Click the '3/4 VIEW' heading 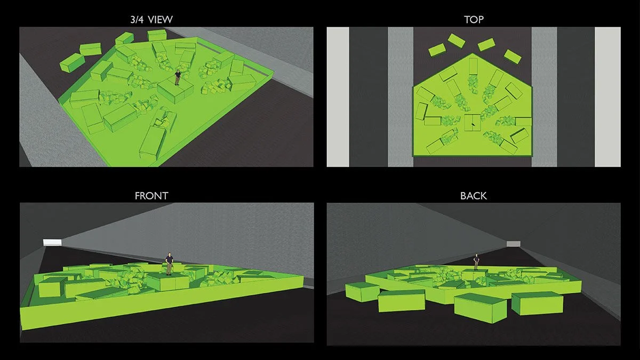pyautogui.click(x=151, y=19)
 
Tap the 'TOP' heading pyautogui.click(x=474, y=19)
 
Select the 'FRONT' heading pyautogui.click(x=151, y=196)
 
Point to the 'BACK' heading pyautogui.click(x=474, y=196)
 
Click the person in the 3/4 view pyautogui.click(x=178, y=77)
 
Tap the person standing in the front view pyautogui.click(x=169, y=263)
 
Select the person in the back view pyautogui.click(x=476, y=262)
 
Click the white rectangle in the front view pyautogui.click(x=52, y=242)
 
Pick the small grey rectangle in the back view pyautogui.click(x=514, y=244)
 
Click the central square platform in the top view pyautogui.click(x=473, y=123)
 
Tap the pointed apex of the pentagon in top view pyautogui.click(x=472, y=53)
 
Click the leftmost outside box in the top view pyautogui.click(x=437, y=50)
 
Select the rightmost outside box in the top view pyautogui.click(x=513, y=57)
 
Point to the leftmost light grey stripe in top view pyautogui.click(x=338, y=97)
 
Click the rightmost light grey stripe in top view pyautogui.click(x=607, y=97)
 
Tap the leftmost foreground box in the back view pyautogui.click(x=363, y=292)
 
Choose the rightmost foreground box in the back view pyautogui.click(x=537, y=303)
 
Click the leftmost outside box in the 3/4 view pyautogui.click(x=71, y=62)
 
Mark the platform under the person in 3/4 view pyautogui.click(x=175, y=90)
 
